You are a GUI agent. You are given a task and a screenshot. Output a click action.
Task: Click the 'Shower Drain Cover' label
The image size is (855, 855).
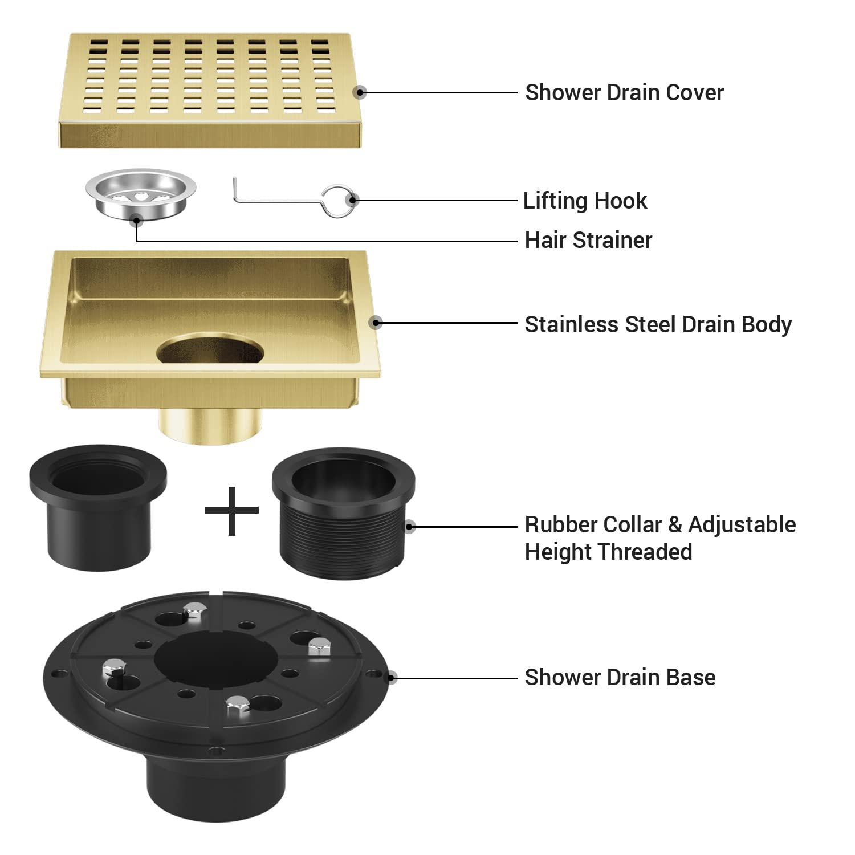(624, 92)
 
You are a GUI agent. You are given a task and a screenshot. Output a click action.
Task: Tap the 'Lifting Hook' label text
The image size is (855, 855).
(585, 201)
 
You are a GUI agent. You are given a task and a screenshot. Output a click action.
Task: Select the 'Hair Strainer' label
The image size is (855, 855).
(588, 240)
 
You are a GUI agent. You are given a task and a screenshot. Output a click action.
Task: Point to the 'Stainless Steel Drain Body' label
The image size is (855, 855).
(658, 324)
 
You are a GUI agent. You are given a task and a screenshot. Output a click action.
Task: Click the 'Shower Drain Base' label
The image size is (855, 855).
(620, 677)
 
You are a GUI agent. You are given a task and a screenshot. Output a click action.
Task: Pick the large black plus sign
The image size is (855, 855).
(232, 511)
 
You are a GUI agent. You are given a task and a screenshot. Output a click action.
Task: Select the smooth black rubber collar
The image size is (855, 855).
(97, 507)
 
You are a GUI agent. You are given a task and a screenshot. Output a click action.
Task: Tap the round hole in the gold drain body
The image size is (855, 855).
(210, 349)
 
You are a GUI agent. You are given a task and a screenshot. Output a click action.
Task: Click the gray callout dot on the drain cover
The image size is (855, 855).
(359, 92)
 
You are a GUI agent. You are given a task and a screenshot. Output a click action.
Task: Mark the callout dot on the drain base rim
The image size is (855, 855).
(392, 677)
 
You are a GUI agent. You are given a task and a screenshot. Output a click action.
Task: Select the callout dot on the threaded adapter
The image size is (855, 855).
(409, 526)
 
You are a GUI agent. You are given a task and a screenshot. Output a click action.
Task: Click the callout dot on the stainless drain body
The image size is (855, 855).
(375, 323)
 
